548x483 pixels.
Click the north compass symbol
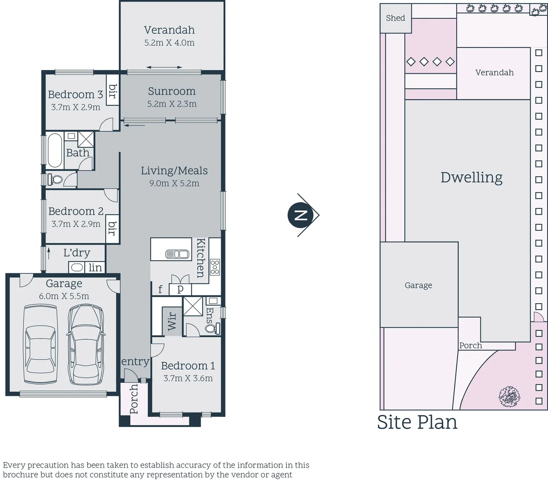pos(302,215)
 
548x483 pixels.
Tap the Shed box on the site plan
pos(395,18)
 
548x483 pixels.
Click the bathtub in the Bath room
pos(54,150)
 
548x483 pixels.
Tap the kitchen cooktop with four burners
pos(215,267)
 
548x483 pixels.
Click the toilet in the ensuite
pos(212,328)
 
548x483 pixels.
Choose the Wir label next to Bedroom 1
pos(172,321)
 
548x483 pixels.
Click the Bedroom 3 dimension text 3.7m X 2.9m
pos(75,107)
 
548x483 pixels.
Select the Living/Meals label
pos(174,170)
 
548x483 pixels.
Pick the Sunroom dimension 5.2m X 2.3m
pos(172,104)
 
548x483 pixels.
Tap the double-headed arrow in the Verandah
pos(164,68)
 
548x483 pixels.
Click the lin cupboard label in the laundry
pos(95,267)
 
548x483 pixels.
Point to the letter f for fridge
pos(160,289)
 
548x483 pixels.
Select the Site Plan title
pos(417,422)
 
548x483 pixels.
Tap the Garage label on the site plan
pos(418,285)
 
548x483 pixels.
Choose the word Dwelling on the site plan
pos(471,178)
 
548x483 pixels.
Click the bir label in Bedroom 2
pos(112,228)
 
